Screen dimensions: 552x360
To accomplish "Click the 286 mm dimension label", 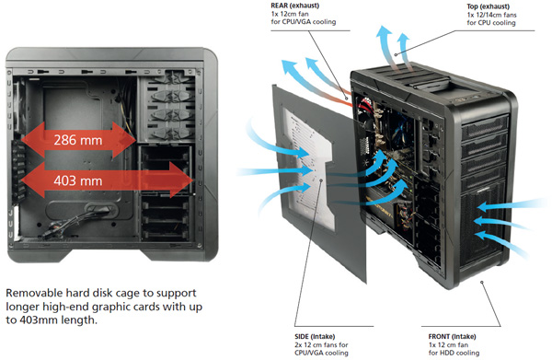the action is click(78, 140).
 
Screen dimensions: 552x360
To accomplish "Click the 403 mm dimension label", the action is click(78, 180).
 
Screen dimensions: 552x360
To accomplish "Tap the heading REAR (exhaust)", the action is click(295, 6).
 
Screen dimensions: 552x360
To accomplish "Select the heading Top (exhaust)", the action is click(488, 6).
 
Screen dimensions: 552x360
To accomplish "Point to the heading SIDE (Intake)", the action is click(315, 336).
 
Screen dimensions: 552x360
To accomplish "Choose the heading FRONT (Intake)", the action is click(452, 336).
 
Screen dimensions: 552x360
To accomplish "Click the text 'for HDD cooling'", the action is click(454, 353).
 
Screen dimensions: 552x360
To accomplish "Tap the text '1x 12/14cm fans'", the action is click(492, 15).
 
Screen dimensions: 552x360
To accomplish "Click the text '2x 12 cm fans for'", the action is click(321, 344).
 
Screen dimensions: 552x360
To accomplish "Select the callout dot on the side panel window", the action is click(321, 180).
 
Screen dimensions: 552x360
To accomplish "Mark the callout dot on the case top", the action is click(396, 54).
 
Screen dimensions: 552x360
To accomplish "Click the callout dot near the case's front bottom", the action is click(482, 282).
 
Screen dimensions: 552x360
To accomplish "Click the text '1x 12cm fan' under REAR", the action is click(290, 14).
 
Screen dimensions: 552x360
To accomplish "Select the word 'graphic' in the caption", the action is click(113, 307).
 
